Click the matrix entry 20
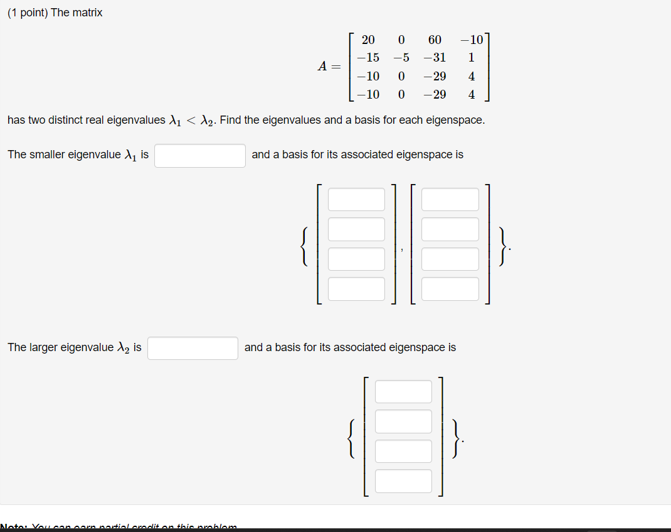click(x=368, y=40)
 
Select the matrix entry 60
click(x=435, y=40)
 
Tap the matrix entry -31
click(x=435, y=58)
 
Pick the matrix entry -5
click(x=401, y=58)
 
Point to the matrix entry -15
click(x=368, y=58)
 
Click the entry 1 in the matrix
click(x=471, y=58)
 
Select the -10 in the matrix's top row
click(x=471, y=40)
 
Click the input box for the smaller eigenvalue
click(x=200, y=155)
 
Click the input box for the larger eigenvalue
click(x=193, y=348)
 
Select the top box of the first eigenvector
click(x=356, y=199)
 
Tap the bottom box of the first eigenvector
click(x=356, y=289)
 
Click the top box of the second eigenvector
click(x=450, y=199)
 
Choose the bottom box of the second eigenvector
click(x=450, y=289)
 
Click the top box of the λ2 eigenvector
click(x=403, y=391)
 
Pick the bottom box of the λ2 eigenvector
click(x=403, y=481)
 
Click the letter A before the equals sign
click(x=322, y=67)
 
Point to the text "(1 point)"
click(x=28, y=13)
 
